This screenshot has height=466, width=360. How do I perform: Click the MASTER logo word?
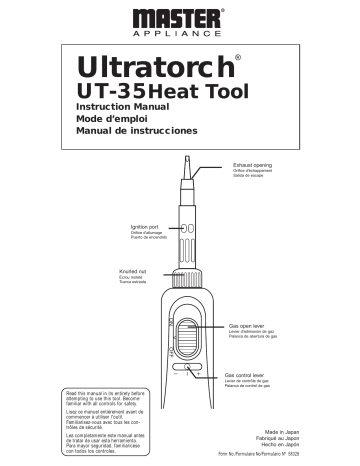[x=179, y=18]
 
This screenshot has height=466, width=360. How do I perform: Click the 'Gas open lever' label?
[x=249, y=326]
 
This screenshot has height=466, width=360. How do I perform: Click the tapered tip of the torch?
[x=186, y=164]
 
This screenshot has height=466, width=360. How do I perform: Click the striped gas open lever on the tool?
[x=189, y=335]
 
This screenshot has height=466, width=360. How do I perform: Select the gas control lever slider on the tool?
[x=189, y=378]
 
